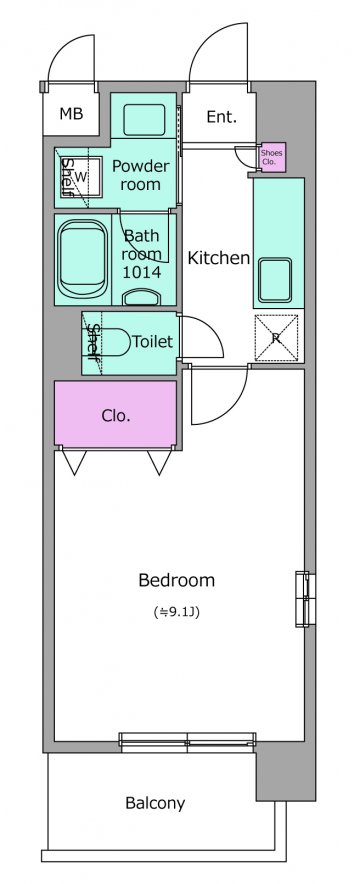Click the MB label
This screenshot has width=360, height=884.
pyautogui.click(x=72, y=114)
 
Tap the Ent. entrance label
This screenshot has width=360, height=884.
pyautogui.click(x=221, y=117)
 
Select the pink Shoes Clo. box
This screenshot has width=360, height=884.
pyautogui.click(x=272, y=157)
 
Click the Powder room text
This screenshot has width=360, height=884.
pyautogui.click(x=140, y=175)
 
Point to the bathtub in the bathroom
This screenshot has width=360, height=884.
pyautogui.click(x=83, y=259)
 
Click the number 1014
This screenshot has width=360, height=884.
pyautogui.click(x=143, y=273)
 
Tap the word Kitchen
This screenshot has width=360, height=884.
pyautogui.click(x=218, y=258)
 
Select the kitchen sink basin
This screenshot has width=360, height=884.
pyautogui.click(x=275, y=280)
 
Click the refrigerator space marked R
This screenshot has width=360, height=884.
pyautogui.click(x=276, y=338)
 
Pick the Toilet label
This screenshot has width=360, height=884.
pyautogui.click(x=152, y=342)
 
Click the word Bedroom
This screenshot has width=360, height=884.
pyautogui.click(x=176, y=580)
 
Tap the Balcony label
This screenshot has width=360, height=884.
pyautogui.click(x=155, y=803)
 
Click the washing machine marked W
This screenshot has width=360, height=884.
pyautogui.click(x=80, y=176)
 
